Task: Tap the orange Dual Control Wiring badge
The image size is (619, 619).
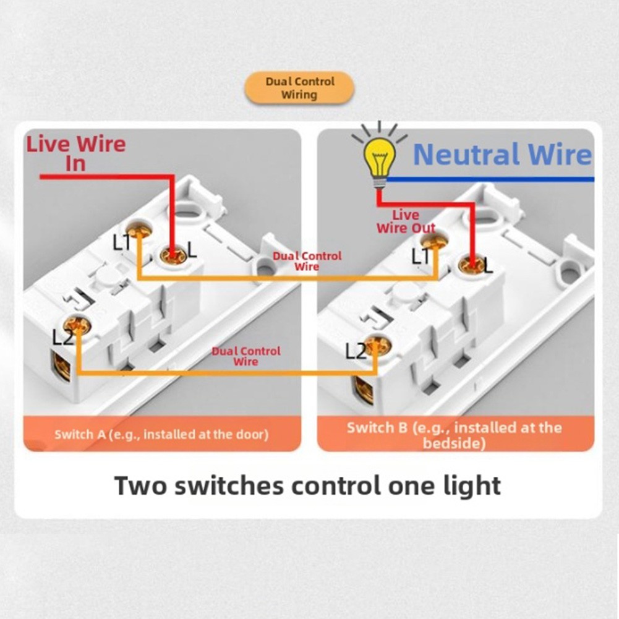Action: tap(299, 88)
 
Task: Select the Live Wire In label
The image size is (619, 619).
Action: tap(75, 153)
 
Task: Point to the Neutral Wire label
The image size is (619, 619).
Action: tap(502, 155)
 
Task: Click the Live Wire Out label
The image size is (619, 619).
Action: tap(406, 221)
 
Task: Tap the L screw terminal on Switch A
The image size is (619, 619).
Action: tap(174, 254)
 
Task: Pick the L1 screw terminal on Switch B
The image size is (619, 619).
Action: tap(440, 239)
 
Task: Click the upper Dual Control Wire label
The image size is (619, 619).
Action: tap(307, 261)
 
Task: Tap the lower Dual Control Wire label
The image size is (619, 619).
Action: tap(245, 356)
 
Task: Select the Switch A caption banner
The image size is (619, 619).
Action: tap(162, 433)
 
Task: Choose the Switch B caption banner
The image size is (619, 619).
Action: tap(454, 434)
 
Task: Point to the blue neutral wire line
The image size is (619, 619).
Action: tap(495, 179)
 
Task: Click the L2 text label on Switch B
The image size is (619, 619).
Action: tap(356, 352)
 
